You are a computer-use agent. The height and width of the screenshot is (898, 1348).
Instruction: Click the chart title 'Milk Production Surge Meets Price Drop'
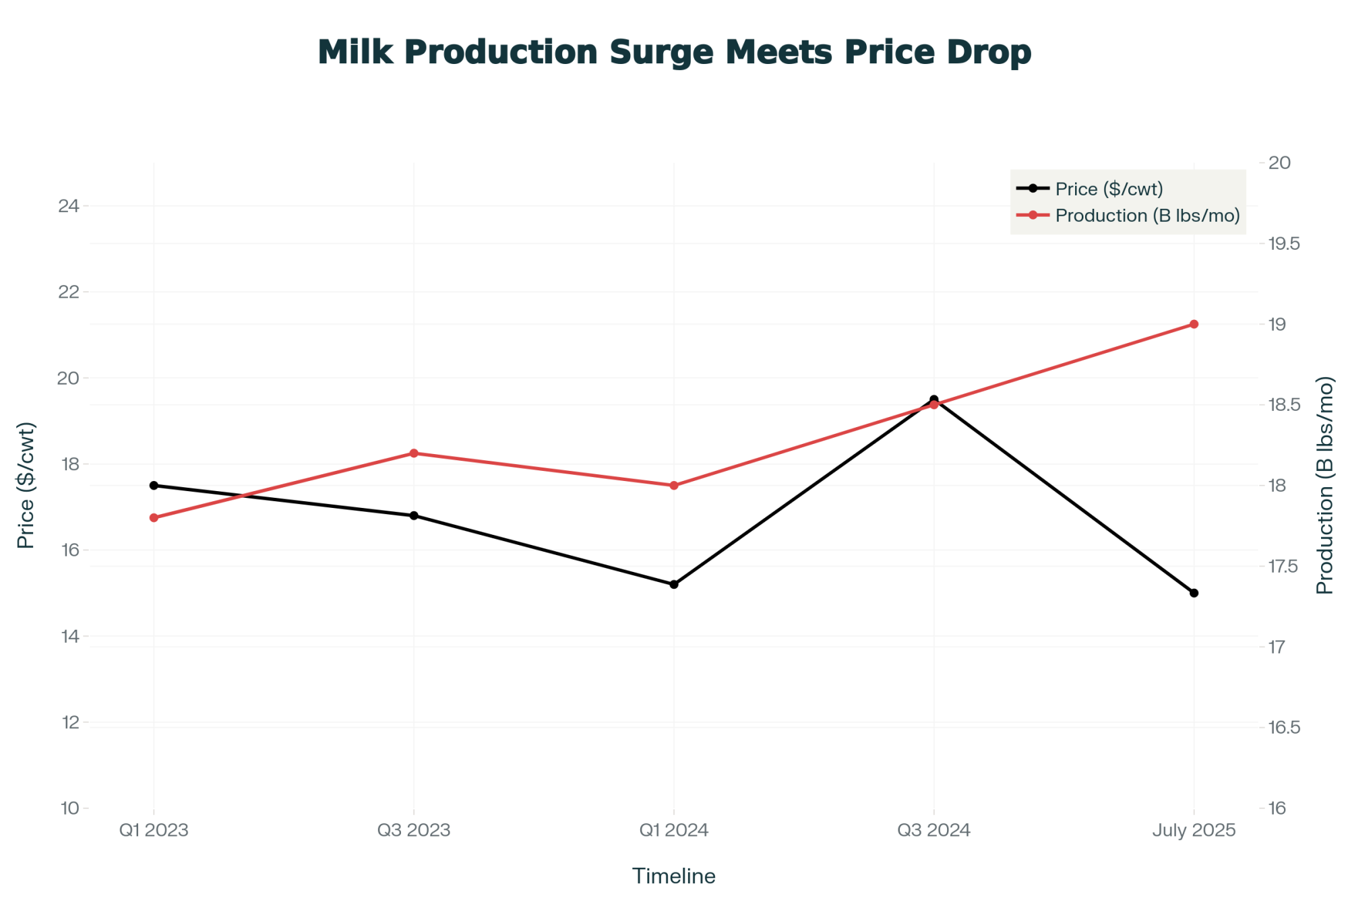[x=674, y=53]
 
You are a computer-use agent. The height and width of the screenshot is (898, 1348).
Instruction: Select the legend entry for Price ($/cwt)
[x=1109, y=189]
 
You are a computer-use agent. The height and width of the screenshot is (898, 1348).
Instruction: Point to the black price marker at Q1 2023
[x=154, y=485]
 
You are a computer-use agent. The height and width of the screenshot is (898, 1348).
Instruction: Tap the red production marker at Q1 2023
[x=154, y=517]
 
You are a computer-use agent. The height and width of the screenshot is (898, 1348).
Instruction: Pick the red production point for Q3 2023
[x=414, y=453]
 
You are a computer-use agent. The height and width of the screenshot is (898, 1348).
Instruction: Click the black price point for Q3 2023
[x=414, y=515]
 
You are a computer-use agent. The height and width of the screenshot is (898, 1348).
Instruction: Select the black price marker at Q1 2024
[x=674, y=584]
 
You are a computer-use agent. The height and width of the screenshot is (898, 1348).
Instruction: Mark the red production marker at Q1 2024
[x=674, y=485]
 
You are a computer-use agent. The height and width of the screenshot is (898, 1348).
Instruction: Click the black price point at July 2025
[x=1194, y=593]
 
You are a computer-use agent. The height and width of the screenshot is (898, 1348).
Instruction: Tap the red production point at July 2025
[x=1194, y=324]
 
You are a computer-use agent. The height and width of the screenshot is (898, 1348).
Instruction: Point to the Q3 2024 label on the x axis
[x=933, y=830]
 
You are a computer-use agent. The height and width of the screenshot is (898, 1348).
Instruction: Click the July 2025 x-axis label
[x=1194, y=830]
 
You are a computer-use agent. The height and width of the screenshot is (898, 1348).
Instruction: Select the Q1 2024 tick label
[x=674, y=830]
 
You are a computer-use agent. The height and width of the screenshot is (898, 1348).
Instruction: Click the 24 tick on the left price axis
[x=69, y=206]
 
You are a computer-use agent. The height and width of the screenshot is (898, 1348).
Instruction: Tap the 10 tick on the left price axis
[x=69, y=808]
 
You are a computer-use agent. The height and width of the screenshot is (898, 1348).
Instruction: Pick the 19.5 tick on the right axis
[x=1284, y=244]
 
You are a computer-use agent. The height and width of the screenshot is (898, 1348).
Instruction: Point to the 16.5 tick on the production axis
[x=1284, y=728]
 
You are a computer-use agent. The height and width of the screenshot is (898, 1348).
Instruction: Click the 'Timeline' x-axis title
[x=674, y=876]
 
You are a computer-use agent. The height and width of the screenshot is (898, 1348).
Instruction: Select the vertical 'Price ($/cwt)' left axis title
[x=26, y=485]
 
